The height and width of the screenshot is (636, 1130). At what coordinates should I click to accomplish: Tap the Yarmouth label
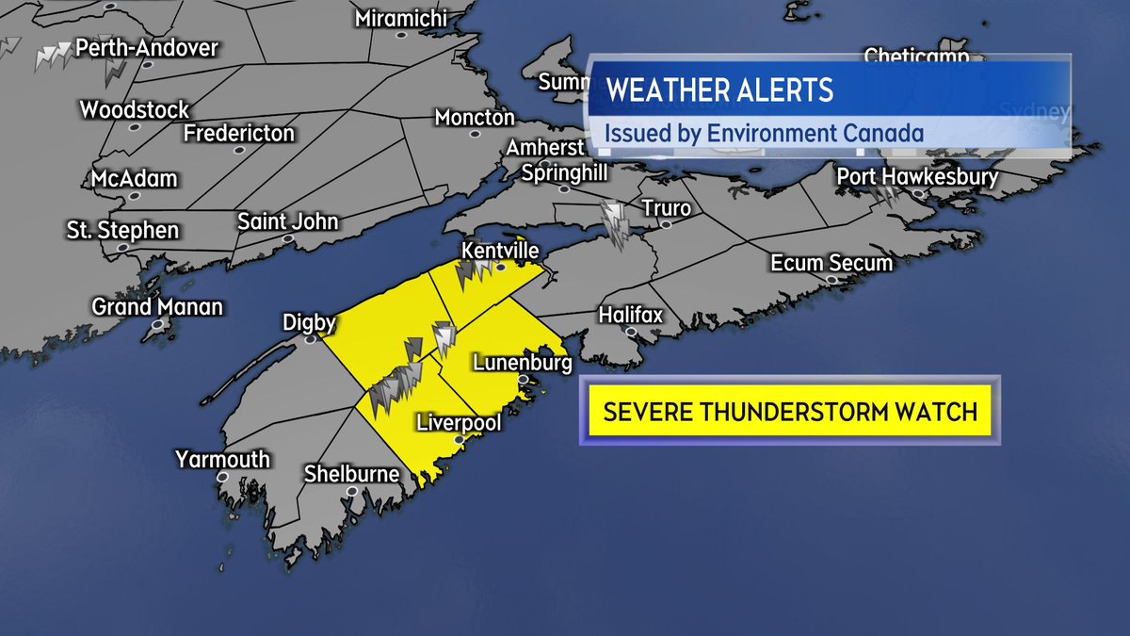tap(222, 460)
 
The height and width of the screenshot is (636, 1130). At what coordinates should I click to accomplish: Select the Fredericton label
tap(239, 134)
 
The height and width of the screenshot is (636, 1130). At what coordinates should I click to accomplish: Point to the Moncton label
tap(475, 118)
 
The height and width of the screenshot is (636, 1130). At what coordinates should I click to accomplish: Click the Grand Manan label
tap(157, 306)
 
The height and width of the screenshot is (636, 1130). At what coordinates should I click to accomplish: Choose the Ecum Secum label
tap(831, 262)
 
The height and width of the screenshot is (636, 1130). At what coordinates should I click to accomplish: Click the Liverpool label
tap(459, 421)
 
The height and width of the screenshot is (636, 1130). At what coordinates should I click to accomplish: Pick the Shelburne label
tap(351, 474)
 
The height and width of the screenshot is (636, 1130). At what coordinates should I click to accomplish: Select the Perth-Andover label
tap(147, 47)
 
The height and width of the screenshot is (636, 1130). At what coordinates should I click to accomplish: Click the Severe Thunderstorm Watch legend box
tap(789, 411)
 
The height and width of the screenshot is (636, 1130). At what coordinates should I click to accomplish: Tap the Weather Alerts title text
tap(720, 90)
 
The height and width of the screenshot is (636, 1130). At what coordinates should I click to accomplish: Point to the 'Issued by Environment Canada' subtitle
tap(764, 133)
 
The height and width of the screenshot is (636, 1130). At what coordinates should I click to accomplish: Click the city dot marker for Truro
tap(666, 225)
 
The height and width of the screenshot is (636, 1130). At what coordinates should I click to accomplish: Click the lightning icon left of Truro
tap(616, 224)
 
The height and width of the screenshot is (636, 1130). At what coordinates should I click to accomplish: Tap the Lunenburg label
tap(523, 363)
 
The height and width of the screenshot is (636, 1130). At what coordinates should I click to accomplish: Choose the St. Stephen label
tap(122, 230)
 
